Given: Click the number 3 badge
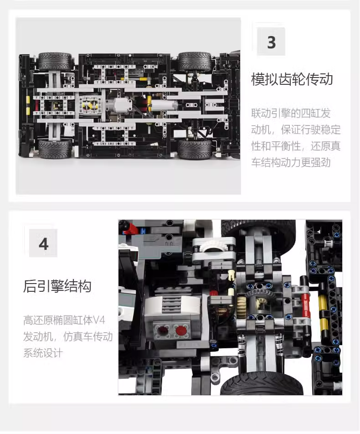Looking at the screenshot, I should coord(271,42).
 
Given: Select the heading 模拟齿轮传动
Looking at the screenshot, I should coord(292,79).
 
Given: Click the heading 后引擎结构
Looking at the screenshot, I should coord(57,286).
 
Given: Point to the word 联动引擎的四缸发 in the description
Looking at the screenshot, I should coord(296,112).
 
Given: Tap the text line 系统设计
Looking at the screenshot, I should coord(43,353).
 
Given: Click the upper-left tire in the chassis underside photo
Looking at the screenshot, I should coord(55,62).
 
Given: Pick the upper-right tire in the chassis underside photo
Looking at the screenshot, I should coord(195,62).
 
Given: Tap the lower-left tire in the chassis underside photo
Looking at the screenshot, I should coord(55,149).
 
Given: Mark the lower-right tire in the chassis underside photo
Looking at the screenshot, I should coord(195,149).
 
